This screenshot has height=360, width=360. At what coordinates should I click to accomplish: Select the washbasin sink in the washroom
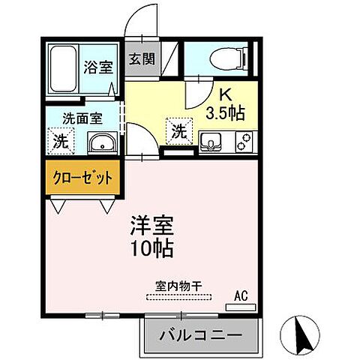[99, 142]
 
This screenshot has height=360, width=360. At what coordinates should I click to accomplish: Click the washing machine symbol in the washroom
[61, 140]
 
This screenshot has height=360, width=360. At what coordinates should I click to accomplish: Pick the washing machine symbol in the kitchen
[178, 131]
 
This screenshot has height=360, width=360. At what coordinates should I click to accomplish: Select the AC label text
[241, 295]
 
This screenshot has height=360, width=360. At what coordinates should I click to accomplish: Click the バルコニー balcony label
[199, 335]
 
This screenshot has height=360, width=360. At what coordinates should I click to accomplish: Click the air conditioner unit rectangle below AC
[241, 307]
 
